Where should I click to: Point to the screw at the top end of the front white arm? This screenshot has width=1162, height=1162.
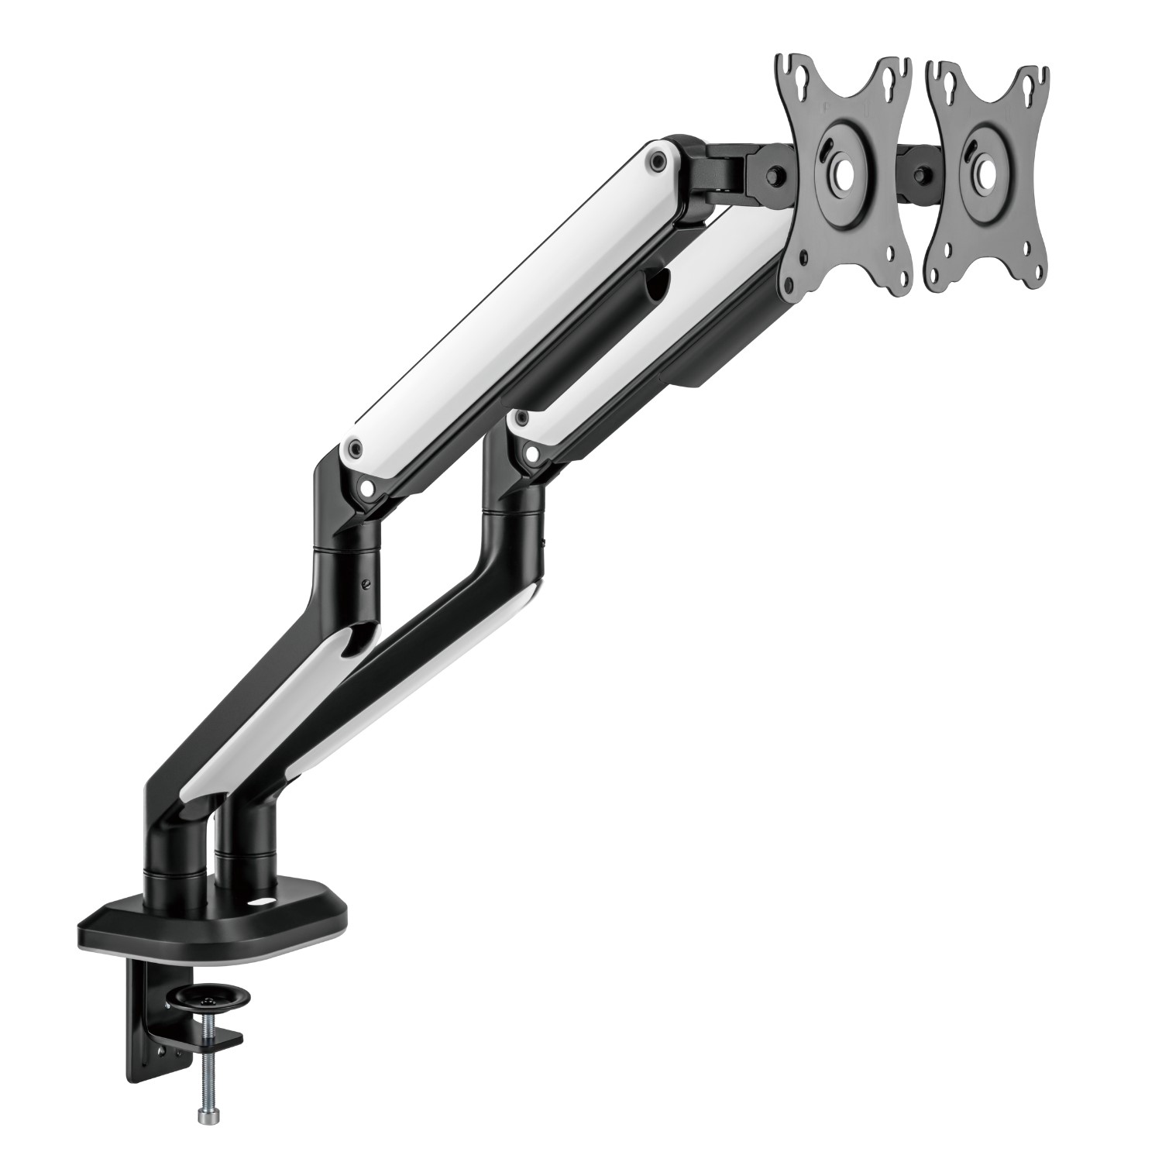(x=658, y=161)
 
